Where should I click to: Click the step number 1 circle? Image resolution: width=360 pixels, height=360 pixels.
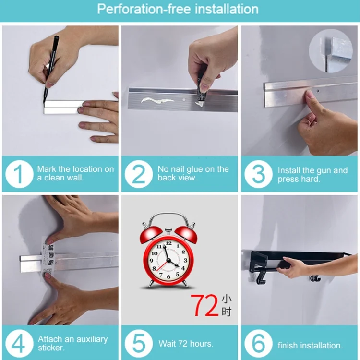click(x=19, y=174)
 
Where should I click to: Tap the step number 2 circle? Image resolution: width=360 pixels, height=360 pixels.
click(x=139, y=174)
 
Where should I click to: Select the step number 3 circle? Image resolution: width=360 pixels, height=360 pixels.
click(x=259, y=174)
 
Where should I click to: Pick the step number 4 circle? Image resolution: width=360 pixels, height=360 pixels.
click(x=19, y=344)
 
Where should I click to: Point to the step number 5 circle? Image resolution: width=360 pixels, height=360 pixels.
click(x=139, y=344)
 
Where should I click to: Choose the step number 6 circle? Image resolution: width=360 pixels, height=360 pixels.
click(x=259, y=344)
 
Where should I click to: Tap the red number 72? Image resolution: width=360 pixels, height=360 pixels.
click(x=204, y=306)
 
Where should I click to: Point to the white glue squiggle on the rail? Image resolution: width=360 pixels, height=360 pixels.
click(x=157, y=101)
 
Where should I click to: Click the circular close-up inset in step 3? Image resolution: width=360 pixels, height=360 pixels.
click(x=331, y=51)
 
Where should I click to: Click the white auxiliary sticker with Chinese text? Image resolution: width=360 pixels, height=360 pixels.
click(x=48, y=258)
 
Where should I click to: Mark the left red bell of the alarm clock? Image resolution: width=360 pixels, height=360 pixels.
click(x=151, y=235)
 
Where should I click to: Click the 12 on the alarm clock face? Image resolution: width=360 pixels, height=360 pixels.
click(x=169, y=243)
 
